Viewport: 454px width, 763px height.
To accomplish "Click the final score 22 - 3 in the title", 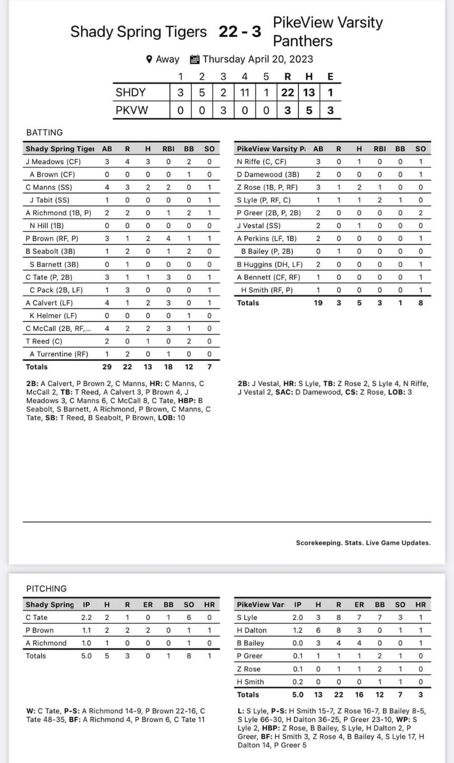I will click(240, 32).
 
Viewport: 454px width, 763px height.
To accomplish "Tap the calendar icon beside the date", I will click(194, 59).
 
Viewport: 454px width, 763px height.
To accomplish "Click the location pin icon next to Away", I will click(149, 59).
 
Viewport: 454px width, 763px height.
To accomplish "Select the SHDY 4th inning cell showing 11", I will click(244, 93).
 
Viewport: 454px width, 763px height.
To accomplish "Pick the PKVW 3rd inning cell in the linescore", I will click(223, 111).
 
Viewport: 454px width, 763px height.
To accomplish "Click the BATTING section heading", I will click(44, 132).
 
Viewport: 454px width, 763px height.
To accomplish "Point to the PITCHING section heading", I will click(46, 589).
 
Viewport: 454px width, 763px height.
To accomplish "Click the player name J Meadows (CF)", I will click(53, 162).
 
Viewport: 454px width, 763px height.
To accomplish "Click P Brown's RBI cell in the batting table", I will click(168, 239).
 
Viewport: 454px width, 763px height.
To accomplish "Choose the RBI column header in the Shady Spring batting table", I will click(168, 149).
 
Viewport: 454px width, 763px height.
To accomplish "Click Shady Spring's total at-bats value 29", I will click(107, 367).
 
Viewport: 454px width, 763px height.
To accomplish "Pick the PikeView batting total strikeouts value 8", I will click(420, 303).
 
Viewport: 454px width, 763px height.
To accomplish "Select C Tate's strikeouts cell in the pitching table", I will click(189, 618).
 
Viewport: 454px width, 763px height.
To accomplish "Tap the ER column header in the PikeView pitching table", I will click(359, 605).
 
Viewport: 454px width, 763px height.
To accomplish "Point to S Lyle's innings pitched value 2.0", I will click(298, 618).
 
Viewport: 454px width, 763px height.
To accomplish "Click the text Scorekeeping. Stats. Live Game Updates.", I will click(363, 543).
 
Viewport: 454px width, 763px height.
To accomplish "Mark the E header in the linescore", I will click(330, 76).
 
